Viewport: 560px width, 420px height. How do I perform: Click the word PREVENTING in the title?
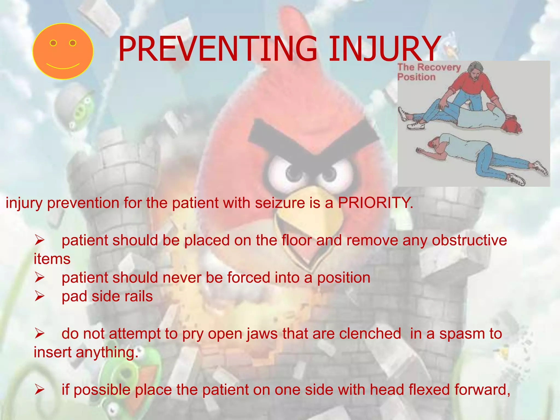[217, 49]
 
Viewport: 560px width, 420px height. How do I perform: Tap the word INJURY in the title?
[384, 49]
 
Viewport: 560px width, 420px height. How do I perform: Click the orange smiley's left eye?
[53, 43]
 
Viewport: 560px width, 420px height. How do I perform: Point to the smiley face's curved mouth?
[63, 66]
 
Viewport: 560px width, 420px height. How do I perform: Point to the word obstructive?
[469, 240]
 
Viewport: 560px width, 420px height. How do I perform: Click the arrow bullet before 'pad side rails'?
[39, 296]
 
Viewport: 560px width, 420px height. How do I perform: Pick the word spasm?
[462, 334]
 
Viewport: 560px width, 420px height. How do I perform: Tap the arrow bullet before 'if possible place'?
[39, 390]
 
